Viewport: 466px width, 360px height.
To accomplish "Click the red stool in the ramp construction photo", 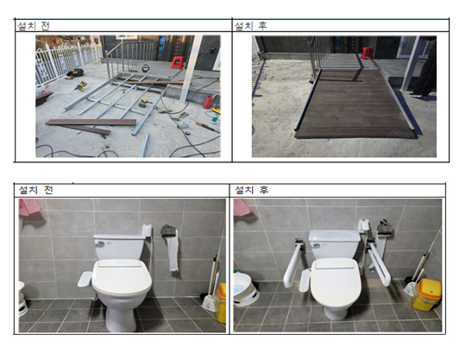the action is click(x=177, y=63).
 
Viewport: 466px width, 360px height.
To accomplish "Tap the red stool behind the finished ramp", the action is click(x=367, y=53).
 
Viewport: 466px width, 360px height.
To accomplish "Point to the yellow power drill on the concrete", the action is click(x=79, y=86).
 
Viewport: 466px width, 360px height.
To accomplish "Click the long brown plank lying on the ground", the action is click(x=91, y=122).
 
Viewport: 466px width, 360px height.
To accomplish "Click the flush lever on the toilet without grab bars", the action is click(x=99, y=243).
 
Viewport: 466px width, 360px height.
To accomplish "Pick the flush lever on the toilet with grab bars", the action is click(x=316, y=245).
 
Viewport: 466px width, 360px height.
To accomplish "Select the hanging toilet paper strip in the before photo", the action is click(x=173, y=251).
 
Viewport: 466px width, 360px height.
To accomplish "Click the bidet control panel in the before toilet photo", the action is click(x=85, y=279).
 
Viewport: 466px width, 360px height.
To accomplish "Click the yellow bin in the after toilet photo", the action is click(x=426, y=294).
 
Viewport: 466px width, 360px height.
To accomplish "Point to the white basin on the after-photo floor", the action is click(x=246, y=288).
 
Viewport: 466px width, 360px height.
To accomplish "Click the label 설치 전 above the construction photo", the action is click(x=34, y=26).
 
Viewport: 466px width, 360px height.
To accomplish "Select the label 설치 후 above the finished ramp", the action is click(x=250, y=26).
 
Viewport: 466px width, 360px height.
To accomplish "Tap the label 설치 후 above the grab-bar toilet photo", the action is click(x=251, y=190).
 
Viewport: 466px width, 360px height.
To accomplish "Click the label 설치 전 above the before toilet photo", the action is click(x=35, y=190).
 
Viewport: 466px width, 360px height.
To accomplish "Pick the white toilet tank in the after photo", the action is click(x=335, y=243).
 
